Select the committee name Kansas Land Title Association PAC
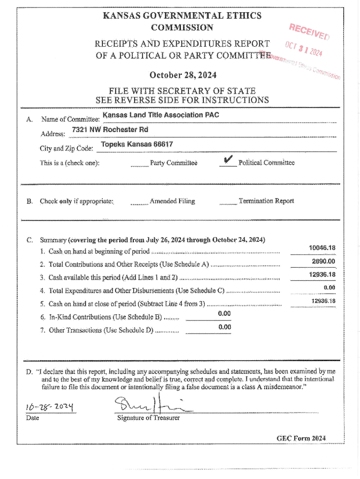click(161, 115)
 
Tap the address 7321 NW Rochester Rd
click(110, 130)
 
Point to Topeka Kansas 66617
click(137, 145)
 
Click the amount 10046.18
click(322, 248)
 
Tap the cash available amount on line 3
click(322, 275)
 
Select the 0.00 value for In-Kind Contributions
click(224, 313)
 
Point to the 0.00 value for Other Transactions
click(224, 327)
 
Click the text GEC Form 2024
click(301, 438)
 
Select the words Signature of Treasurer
click(148, 418)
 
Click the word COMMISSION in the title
click(182, 28)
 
